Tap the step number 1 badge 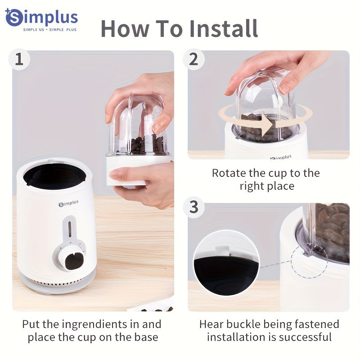(19, 60)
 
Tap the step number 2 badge (194, 59)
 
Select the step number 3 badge (194, 207)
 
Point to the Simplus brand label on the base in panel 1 (68, 204)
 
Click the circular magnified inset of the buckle (226, 263)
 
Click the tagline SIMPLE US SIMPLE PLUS (50, 30)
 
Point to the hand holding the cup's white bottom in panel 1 (144, 180)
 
